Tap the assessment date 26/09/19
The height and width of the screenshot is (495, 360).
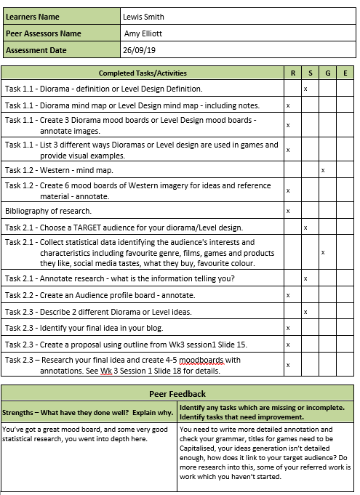coord(138,50)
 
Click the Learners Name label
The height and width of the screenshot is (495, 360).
coord(33,17)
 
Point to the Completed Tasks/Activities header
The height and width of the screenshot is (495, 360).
coord(143,73)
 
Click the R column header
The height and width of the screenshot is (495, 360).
coord(292,73)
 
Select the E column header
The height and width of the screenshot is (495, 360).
coord(345,73)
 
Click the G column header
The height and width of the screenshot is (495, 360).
coord(327,73)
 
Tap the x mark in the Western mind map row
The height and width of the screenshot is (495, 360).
coord(323,170)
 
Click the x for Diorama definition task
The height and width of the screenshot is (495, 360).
coord(305,89)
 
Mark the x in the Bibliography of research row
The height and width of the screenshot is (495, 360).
coord(289,212)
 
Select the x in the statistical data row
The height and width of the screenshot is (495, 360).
coord(323,252)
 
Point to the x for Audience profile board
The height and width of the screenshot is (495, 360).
coord(289,295)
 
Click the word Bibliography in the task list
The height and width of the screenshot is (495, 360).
coord(27,212)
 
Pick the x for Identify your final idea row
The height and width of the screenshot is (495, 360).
coord(289,329)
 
